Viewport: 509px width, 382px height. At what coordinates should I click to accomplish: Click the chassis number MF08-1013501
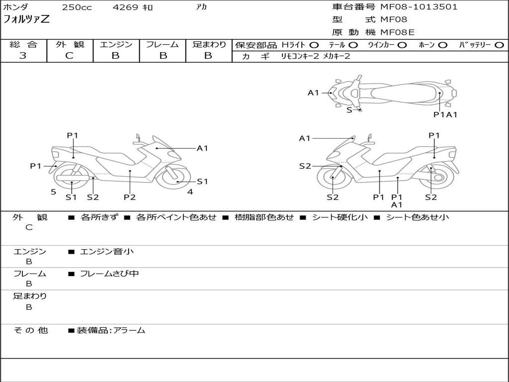[x=419, y=7]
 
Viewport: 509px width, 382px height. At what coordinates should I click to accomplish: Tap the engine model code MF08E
[x=397, y=33]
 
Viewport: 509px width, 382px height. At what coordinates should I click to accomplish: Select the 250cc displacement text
[x=77, y=7]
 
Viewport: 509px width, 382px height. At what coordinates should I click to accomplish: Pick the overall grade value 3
[x=23, y=56]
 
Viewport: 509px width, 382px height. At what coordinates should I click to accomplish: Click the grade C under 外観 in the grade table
[x=69, y=56]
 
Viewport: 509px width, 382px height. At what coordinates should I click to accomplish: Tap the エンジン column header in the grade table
[x=116, y=45]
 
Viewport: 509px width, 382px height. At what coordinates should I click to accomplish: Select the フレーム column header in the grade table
[x=163, y=45]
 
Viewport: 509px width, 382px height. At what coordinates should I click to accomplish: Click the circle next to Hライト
[x=314, y=45]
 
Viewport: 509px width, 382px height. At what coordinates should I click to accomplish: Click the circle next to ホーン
[x=442, y=45]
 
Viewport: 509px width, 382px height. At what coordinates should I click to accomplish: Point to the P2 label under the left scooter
[x=130, y=197]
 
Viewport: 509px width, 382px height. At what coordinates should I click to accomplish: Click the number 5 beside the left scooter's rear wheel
[x=53, y=191]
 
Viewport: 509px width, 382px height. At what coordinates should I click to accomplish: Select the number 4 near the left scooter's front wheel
[x=190, y=191]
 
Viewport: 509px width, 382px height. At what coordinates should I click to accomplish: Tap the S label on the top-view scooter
[x=349, y=110]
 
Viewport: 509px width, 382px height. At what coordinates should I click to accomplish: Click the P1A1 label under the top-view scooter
[x=445, y=114]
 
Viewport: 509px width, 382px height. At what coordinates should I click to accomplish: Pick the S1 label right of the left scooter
[x=202, y=182]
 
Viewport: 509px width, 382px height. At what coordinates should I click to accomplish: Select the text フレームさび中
[x=109, y=274]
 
